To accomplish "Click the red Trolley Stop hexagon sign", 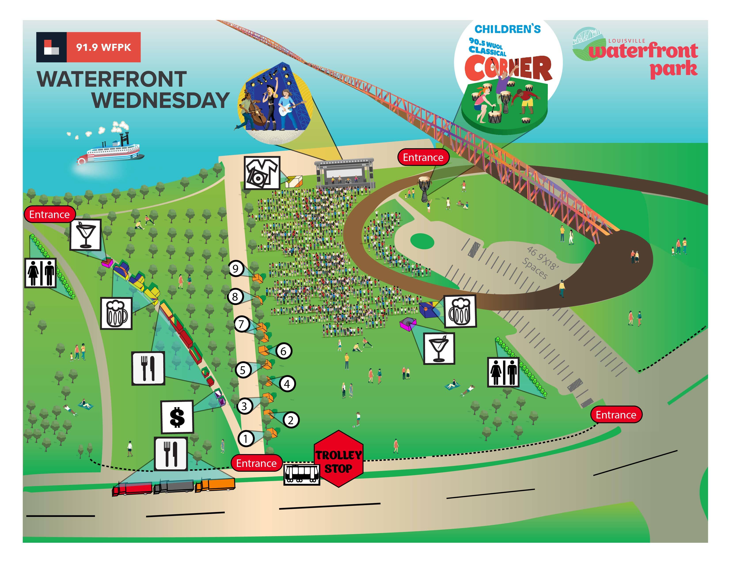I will pyautogui.click(x=338, y=459).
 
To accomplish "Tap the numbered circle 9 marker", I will pyautogui.click(x=236, y=269).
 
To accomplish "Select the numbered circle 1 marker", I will pyautogui.click(x=246, y=438).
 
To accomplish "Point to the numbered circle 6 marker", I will pyautogui.click(x=283, y=351).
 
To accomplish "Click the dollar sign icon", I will pyautogui.click(x=177, y=417).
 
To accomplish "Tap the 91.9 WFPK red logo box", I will pyautogui.click(x=103, y=47).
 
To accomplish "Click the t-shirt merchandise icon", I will pyautogui.click(x=262, y=173).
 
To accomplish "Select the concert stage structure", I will pyautogui.click(x=344, y=173).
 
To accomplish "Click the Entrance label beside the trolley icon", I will pyautogui.click(x=256, y=463).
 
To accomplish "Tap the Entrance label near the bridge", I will pyautogui.click(x=423, y=157).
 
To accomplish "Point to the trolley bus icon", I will pyautogui.click(x=301, y=474).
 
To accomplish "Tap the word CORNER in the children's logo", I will pyautogui.click(x=508, y=69).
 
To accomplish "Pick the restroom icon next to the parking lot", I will pyautogui.click(x=503, y=372).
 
